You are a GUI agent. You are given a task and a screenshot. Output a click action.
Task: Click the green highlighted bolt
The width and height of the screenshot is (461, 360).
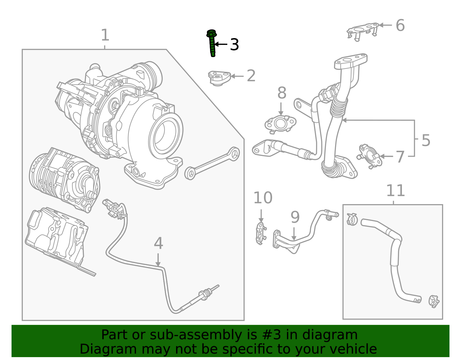click(212, 43)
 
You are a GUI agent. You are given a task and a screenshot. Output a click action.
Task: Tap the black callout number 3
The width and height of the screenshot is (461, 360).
click(235, 45)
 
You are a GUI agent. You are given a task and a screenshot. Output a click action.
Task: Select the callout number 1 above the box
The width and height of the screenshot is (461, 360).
click(105, 35)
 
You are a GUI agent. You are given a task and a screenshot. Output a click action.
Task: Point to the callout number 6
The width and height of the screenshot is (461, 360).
click(400, 25)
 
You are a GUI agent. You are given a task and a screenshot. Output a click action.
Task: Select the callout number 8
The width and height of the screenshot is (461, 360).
click(282, 93)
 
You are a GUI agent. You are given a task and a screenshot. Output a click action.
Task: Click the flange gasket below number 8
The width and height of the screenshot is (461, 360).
click(280, 124)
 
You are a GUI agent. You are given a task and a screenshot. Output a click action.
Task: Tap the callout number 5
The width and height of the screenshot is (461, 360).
click(426, 140)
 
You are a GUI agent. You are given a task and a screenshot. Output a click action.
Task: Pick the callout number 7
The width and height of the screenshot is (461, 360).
click(400, 157)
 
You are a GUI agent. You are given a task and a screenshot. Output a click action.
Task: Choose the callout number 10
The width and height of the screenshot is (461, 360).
click(262, 198)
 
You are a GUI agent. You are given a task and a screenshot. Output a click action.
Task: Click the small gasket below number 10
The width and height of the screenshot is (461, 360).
click(260, 233)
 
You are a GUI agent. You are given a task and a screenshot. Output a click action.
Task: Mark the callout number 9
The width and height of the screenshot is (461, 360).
click(295, 217)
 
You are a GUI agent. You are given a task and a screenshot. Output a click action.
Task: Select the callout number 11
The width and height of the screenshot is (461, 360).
click(395, 191)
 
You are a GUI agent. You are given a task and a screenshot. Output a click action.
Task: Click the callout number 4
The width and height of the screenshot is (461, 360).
click(158, 243)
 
